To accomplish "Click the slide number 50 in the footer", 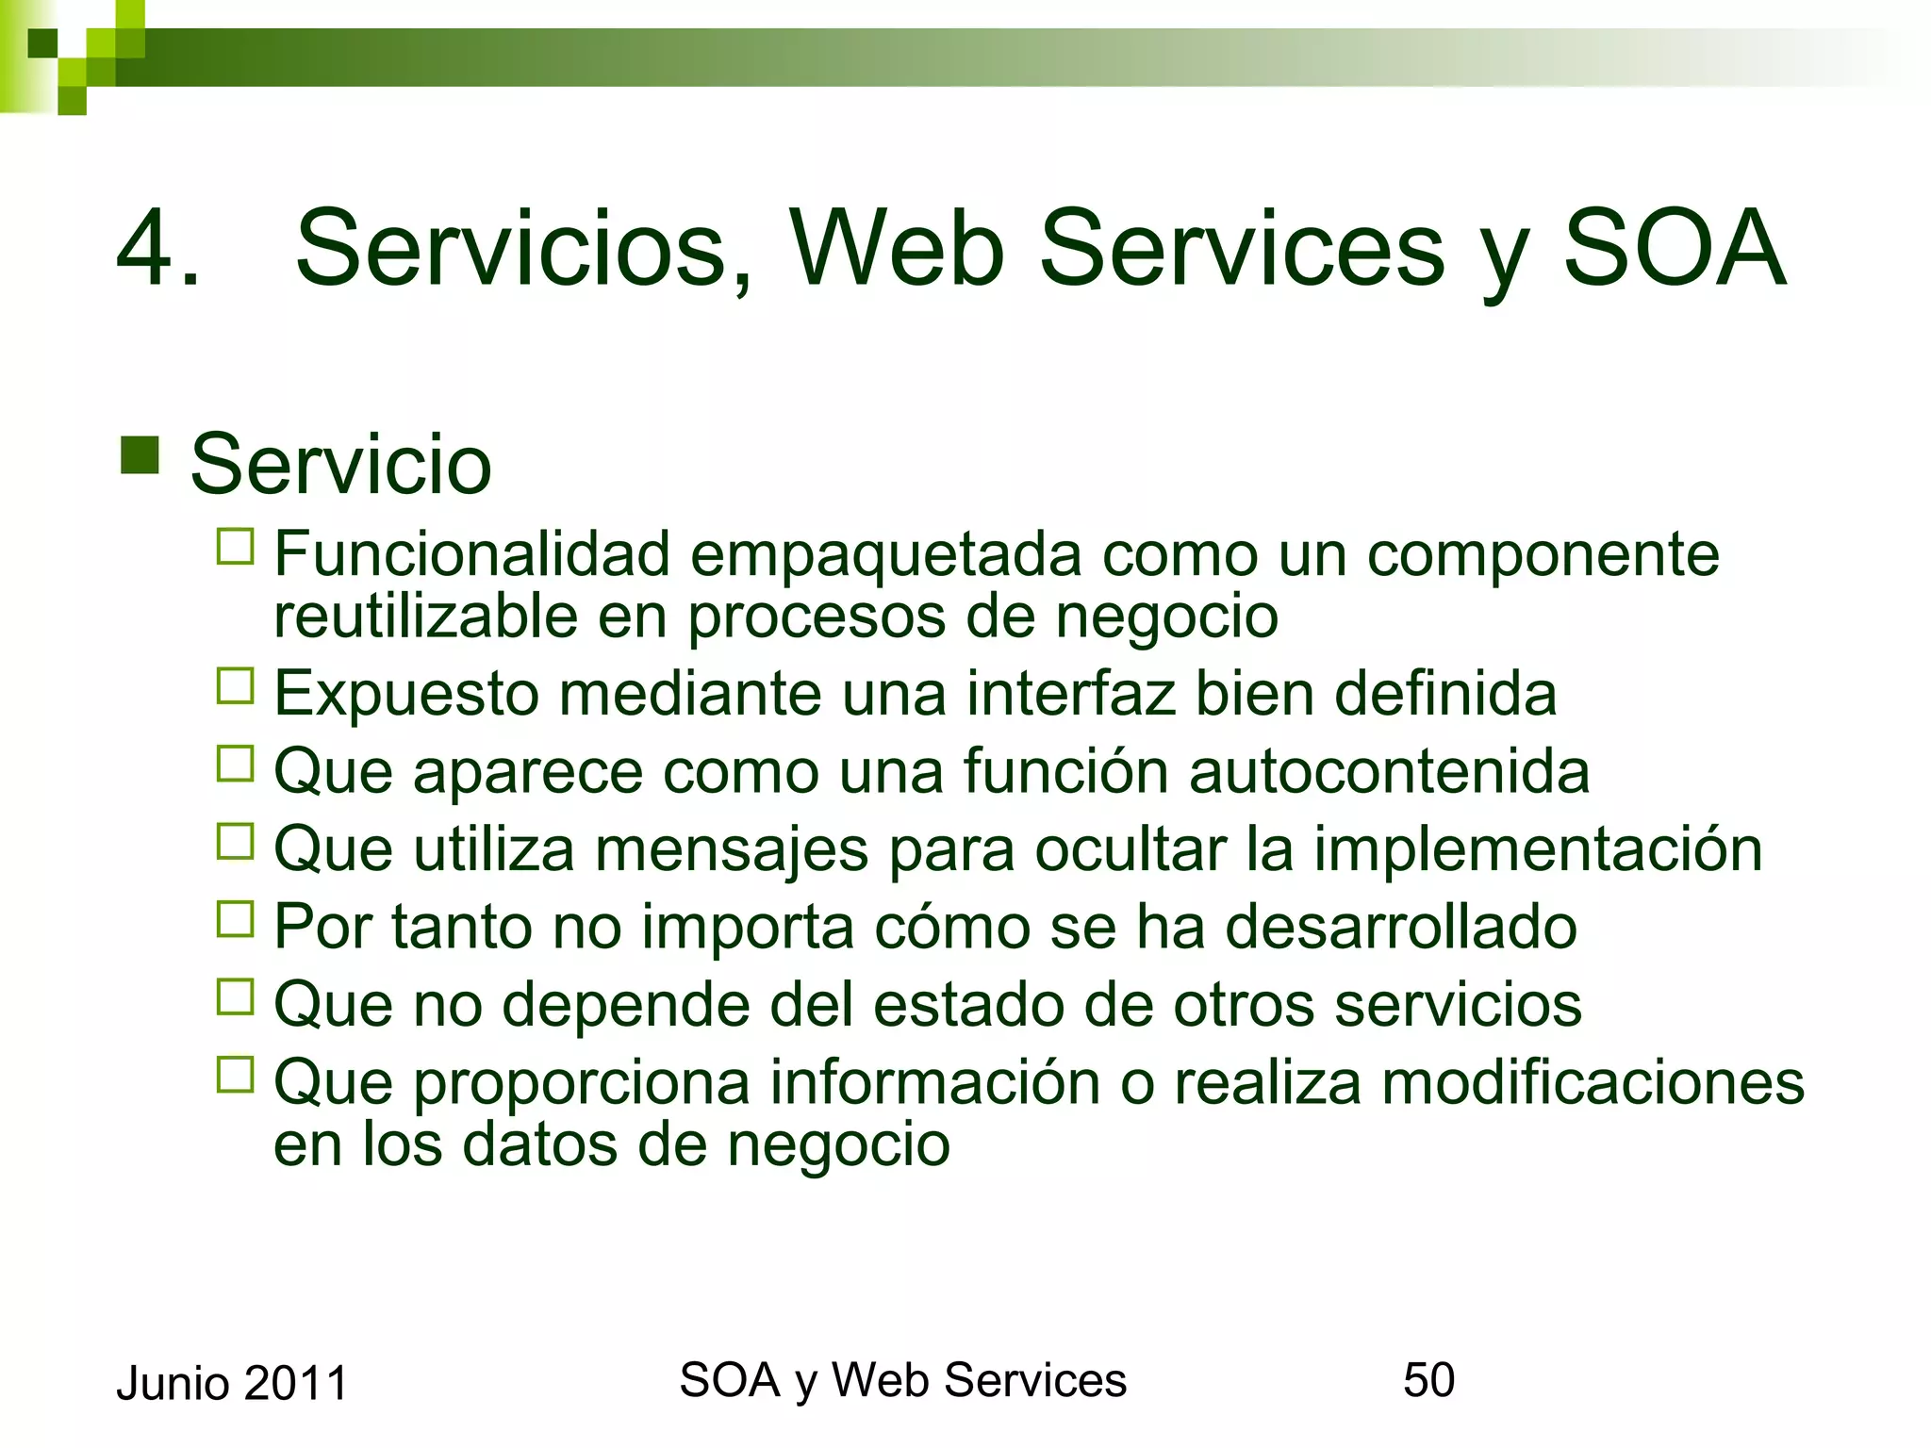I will click(1428, 1380).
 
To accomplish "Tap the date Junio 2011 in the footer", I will click(232, 1384).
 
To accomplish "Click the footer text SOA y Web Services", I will click(902, 1381).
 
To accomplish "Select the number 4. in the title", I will click(158, 248).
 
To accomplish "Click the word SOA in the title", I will click(1674, 248).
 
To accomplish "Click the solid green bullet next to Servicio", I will click(140, 455).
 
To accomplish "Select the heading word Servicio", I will click(340, 464).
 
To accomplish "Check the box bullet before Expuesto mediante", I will click(235, 686).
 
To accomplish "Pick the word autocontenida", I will click(1389, 771).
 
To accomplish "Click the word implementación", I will click(1537, 849).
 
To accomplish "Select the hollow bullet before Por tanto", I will click(235, 919).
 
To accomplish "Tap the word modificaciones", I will click(1592, 1082).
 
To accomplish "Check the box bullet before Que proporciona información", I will click(235, 1075).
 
